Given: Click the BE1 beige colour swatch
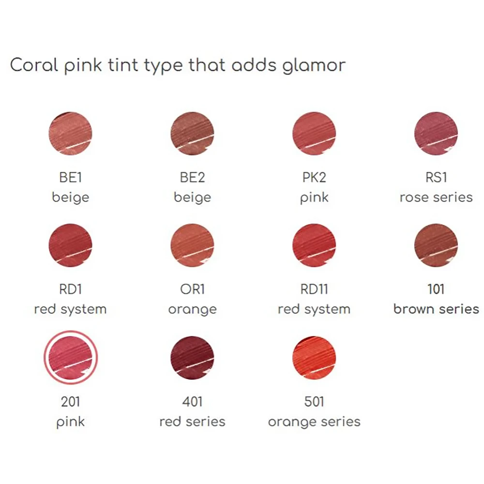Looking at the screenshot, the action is click(70, 134).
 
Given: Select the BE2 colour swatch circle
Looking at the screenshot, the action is click(192, 134).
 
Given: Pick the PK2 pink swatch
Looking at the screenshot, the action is click(314, 134).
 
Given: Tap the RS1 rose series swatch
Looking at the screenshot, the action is click(436, 134).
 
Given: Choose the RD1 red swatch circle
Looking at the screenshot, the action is click(70, 245).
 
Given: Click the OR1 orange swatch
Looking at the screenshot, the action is click(192, 245).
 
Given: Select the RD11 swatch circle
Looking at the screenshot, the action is click(314, 245).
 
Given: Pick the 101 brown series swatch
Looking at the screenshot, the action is click(436, 245).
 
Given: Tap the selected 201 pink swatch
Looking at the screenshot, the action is click(70, 358).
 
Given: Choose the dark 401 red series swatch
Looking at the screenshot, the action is click(192, 358).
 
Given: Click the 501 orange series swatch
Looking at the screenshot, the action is click(314, 358).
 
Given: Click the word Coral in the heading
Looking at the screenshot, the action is click(34, 65).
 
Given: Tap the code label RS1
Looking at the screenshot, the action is click(436, 178).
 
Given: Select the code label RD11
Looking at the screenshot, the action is click(314, 289).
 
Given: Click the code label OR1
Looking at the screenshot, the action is click(192, 289).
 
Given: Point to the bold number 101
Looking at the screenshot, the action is click(436, 289).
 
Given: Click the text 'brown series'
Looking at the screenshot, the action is click(436, 309).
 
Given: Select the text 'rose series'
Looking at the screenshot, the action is click(436, 197).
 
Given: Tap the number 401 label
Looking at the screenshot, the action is click(192, 402).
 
